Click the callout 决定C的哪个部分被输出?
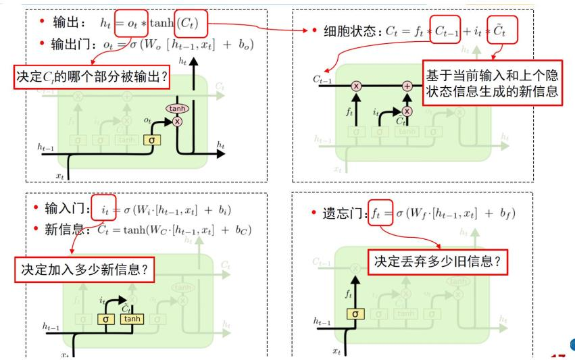tap(91, 76)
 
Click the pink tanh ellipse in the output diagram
tap(178, 108)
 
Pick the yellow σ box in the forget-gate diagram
tap(355, 313)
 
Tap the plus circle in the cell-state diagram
tap(407, 86)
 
